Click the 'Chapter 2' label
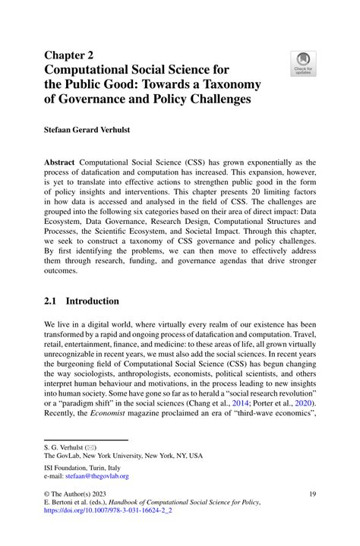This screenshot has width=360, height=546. (x=71, y=55)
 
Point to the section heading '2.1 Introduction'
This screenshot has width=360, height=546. (x=81, y=301)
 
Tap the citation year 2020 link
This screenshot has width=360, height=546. (x=302, y=402)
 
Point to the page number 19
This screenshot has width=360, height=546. (x=311, y=494)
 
